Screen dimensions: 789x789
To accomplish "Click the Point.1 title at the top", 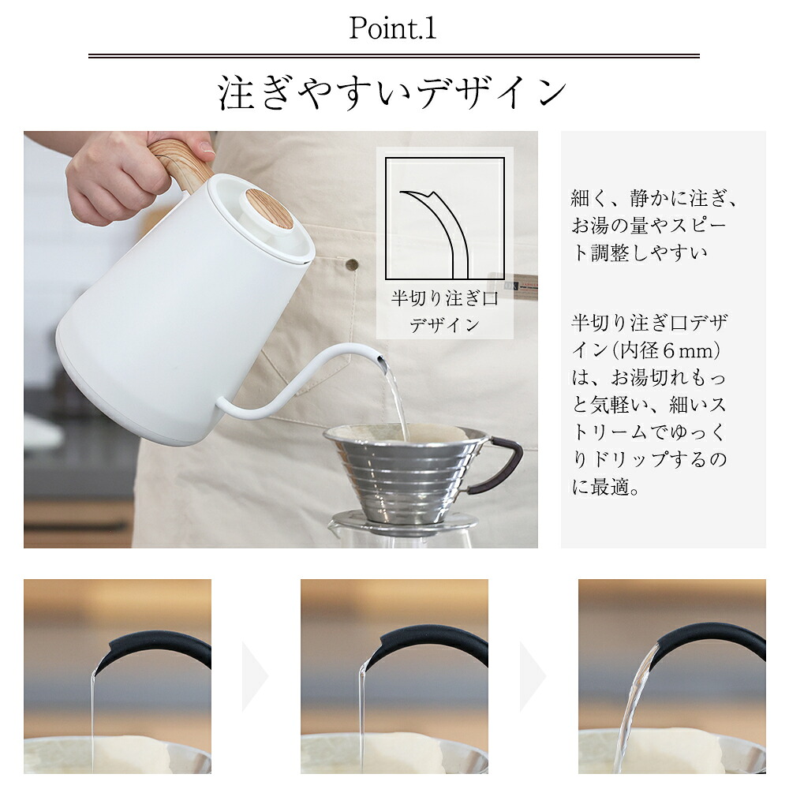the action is (x=393, y=28).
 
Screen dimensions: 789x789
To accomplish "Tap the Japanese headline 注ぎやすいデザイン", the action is (x=393, y=92).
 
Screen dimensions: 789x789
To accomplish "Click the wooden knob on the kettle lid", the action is (x=270, y=209).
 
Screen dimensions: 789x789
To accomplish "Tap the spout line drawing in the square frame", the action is (x=436, y=234).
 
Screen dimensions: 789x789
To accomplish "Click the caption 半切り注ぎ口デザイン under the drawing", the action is (x=445, y=312).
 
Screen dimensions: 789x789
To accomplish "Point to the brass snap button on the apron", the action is (x=353, y=264).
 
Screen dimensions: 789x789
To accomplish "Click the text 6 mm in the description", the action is (x=688, y=351).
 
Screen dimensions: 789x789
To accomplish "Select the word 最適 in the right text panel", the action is (x=609, y=487).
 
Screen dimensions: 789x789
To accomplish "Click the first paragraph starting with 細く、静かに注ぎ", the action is (x=654, y=226).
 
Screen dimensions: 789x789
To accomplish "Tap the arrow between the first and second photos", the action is (x=255, y=676).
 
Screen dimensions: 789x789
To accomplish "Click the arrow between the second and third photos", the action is (x=533, y=676).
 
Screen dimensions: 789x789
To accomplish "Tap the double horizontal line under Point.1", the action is (x=394, y=56).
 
